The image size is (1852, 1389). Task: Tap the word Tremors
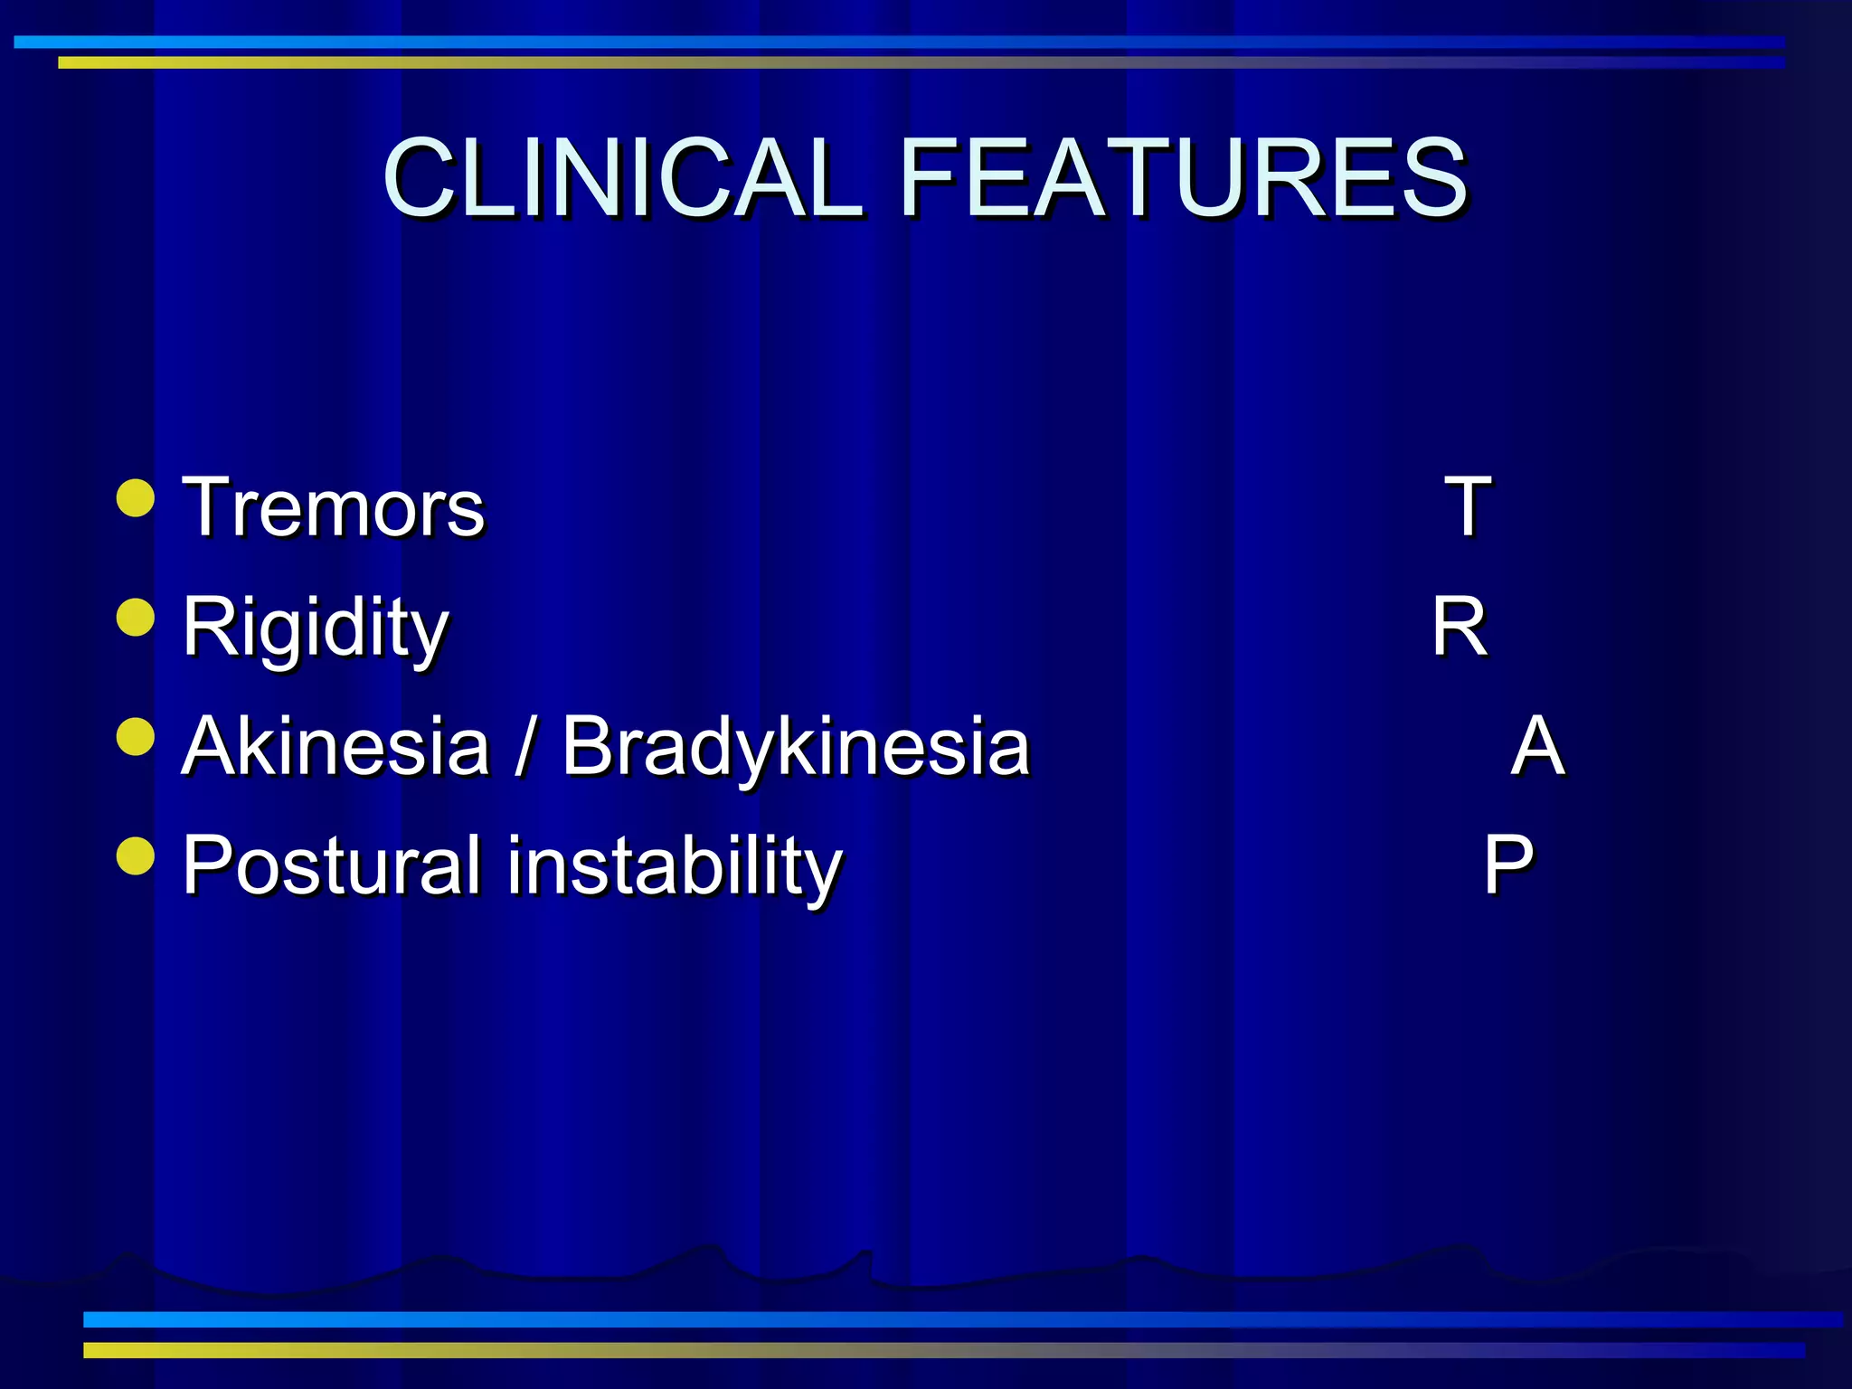[333, 507]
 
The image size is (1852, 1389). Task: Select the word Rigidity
[315, 627]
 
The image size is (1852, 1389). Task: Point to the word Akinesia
[335, 746]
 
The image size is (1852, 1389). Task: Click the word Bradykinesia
[796, 748]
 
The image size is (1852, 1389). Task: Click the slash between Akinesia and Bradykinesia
[523, 747]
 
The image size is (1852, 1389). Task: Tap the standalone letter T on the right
[1467, 507]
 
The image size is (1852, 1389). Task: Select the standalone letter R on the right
[1459, 627]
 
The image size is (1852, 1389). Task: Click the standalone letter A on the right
[1537, 746]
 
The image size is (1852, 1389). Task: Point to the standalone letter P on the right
[1508, 865]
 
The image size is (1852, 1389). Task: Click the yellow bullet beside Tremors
[136, 498]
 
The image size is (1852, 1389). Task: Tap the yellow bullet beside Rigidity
[136, 618]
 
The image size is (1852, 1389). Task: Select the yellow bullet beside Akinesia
[136, 736]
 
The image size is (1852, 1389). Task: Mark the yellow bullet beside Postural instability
[136, 855]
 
